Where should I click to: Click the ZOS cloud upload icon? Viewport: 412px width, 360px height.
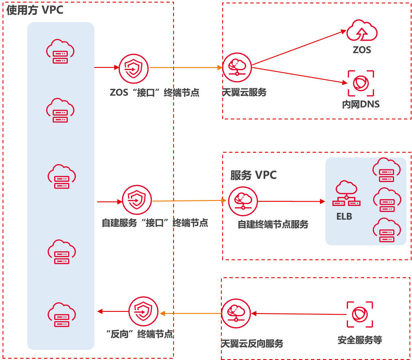click(x=362, y=31)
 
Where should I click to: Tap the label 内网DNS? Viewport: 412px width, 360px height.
click(x=360, y=104)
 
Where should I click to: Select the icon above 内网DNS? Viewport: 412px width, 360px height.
click(x=361, y=83)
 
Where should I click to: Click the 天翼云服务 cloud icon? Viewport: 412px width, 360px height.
click(x=237, y=67)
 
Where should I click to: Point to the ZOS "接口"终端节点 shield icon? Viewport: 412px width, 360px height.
click(x=133, y=68)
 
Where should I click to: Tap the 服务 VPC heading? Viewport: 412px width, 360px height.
click(x=253, y=175)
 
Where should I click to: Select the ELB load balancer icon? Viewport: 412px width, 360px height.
click(x=346, y=195)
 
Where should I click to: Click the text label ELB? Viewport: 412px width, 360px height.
click(x=344, y=216)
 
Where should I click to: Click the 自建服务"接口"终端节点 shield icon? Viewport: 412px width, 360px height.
click(x=137, y=200)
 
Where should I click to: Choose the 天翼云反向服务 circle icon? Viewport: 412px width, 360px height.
click(x=236, y=314)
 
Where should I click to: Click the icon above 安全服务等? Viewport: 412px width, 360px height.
click(x=360, y=314)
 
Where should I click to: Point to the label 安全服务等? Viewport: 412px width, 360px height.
click(x=360, y=340)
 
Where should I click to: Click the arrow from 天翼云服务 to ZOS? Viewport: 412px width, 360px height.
click(x=299, y=49)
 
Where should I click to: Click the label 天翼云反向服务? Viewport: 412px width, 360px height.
click(x=252, y=343)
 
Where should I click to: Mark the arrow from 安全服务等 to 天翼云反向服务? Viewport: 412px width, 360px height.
click(x=299, y=314)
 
